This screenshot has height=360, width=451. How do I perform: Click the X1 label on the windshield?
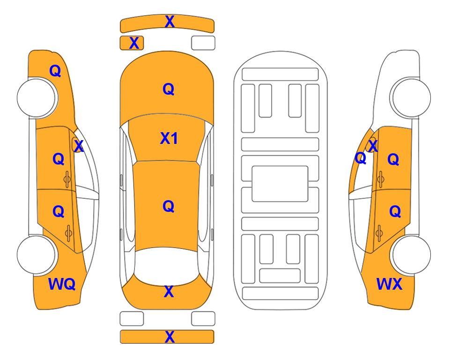(169, 139)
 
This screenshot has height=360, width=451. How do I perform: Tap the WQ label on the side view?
(62, 284)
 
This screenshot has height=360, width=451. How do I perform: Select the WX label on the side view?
(389, 284)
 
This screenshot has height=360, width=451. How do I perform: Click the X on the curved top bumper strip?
(170, 22)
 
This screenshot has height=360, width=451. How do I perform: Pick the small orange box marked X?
(132, 43)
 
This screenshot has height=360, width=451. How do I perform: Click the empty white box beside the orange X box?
(203, 43)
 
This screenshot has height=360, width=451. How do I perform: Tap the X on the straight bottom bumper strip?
(170, 337)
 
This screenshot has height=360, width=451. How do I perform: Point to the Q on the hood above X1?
(169, 89)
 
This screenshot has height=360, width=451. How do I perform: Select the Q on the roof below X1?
(169, 206)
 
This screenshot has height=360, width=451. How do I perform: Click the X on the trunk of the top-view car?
(169, 292)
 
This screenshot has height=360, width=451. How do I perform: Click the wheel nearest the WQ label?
(37, 255)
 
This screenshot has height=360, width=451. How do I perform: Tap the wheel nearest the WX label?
(411, 255)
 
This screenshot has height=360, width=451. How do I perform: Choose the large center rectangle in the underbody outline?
(280, 184)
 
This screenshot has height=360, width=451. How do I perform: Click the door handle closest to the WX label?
(379, 233)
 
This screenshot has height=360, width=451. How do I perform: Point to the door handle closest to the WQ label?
(68, 233)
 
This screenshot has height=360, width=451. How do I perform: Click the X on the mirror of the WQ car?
(79, 146)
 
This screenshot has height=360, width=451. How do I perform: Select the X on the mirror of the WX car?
(373, 146)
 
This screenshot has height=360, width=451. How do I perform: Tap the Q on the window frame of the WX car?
(361, 158)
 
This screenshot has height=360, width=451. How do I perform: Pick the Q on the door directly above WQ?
(59, 212)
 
